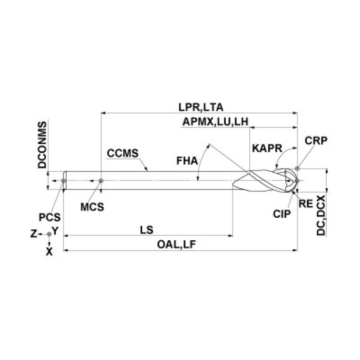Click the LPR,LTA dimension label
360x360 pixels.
click(201, 107)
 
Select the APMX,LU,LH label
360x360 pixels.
click(215, 122)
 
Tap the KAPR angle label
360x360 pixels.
click(267, 148)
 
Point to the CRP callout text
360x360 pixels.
click(316, 140)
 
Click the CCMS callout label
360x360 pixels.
click(123, 153)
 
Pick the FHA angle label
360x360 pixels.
click(187, 161)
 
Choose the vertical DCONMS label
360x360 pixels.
click(42, 145)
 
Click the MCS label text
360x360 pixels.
click(92, 207)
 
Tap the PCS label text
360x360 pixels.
click(50, 217)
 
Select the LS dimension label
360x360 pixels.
click(146, 230)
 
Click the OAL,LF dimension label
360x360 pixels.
click(176, 245)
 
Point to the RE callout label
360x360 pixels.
click(306, 203)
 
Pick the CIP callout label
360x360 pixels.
click(282, 214)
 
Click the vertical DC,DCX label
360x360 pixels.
click(321, 215)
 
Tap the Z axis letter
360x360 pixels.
click(34, 234)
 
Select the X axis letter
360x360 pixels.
click(49, 252)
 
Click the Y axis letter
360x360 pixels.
click(55, 230)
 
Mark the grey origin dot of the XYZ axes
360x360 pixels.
click(49, 234)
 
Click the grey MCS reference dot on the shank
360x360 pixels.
click(101, 181)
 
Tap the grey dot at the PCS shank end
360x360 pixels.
click(63, 181)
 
